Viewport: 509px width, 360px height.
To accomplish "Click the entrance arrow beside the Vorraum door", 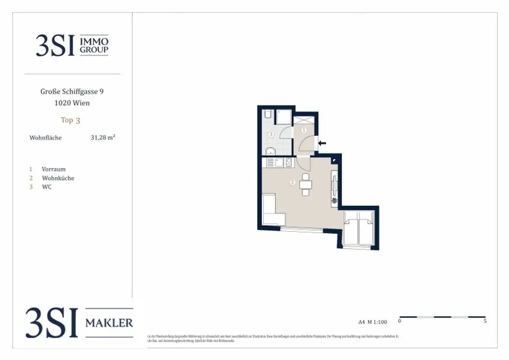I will (x=322, y=143).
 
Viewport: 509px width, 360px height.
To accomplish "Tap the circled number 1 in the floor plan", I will (x=304, y=130).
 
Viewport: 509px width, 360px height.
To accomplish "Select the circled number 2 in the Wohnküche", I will (x=292, y=182).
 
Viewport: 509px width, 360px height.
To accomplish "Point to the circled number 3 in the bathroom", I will (x=271, y=134).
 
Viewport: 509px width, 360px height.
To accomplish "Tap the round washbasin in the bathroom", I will (x=269, y=151).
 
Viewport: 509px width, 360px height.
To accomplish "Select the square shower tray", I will (x=283, y=117).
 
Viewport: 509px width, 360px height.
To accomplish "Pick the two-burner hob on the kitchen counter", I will (x=288, y=162).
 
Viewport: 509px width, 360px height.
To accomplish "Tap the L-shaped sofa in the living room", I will (x=271, y=212).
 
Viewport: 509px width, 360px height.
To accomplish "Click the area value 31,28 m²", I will (x=103, y=138).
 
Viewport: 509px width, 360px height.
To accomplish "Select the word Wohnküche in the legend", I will (x=58, y=178).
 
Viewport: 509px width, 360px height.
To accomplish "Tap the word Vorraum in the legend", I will (x=54, y=169).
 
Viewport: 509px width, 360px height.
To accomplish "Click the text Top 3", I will (x=70, y=120).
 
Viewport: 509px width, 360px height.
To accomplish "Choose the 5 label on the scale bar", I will (x=485, y=321).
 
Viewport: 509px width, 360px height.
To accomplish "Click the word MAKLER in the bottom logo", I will (x=109, y=323).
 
